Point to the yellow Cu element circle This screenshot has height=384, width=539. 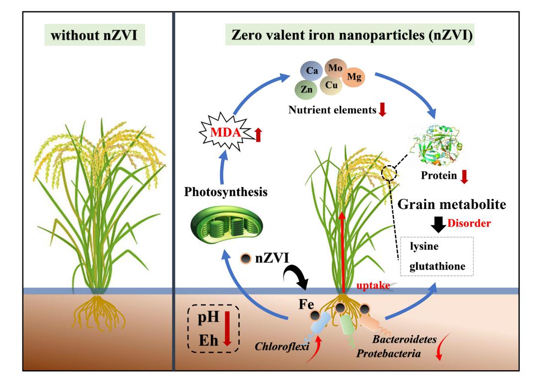(x=332, y=85)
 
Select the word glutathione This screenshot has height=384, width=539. (x=437, y=267)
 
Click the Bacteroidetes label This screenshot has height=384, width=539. (x=405, y=339)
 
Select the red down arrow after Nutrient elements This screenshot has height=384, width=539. (x=382, y=110)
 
